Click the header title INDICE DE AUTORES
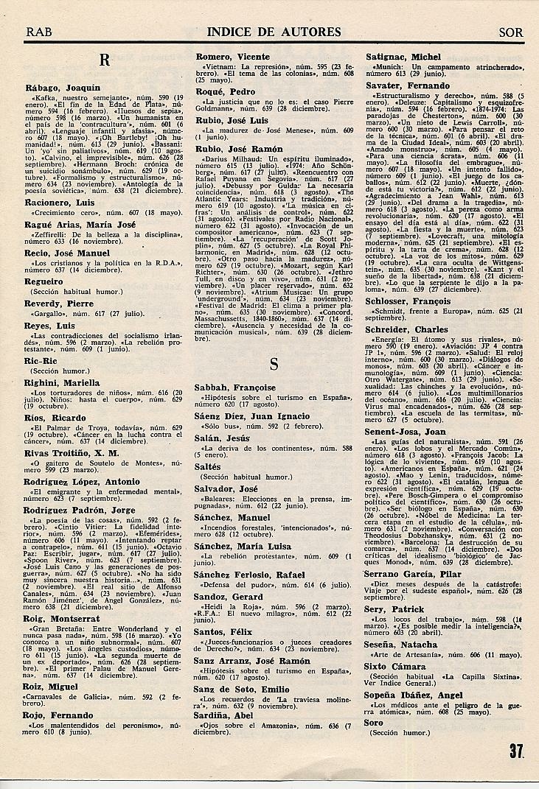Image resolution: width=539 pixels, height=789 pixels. (x=274, y=32)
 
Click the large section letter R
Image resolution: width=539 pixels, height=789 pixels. (x=105, y=62)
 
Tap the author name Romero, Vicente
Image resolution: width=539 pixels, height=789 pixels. (x=232, y=57)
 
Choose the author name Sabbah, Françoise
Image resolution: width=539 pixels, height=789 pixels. (x=234, y=388)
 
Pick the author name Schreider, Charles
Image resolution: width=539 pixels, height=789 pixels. (x=409, y=330)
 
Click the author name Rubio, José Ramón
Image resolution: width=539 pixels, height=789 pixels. (x=240, y=149)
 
